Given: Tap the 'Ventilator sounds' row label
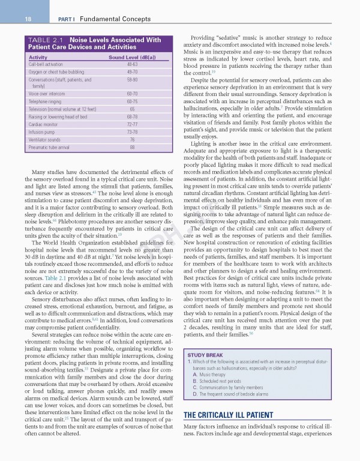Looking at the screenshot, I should click(x=45, y=139).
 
